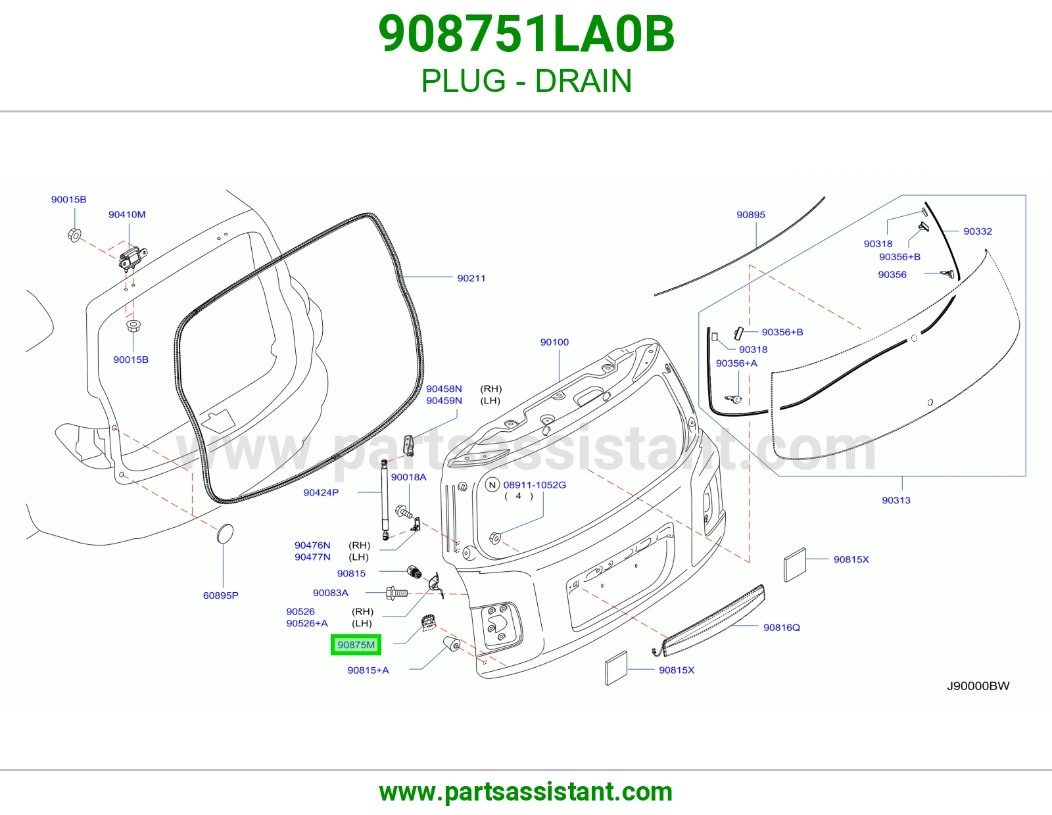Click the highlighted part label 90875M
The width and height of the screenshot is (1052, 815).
pyautogui.click(x=356, y=645)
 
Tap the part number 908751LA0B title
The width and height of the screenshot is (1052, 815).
pyautogui.click(x=526, y=34)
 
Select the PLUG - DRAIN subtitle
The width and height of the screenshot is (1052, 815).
pyautogui.click(x=526, y=81)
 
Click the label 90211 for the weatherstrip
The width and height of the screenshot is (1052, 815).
pyautogui.click(x=471, y=278)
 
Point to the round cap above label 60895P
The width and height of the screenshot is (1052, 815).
pyautogui.click(x=225, y=533)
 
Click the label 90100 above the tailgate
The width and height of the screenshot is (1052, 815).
pyautogui.click(x=554, y=342)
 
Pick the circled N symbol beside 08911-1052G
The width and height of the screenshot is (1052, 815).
pyautogui.click(x=492, y=484)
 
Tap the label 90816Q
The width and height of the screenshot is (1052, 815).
pyautogui.click(x=781, y=627)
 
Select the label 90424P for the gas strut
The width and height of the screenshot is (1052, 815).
pyautogui.click(x=321, y=492)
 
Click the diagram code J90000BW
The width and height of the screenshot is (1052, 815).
pyautogui.click(x=978, y=686)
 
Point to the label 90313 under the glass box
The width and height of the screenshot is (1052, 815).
pyautogui.click(x=896, y=500)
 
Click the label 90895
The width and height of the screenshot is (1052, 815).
pyautogui.click(x=751, y=214)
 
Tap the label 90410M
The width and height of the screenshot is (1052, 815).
pyautogui.click(x=127, y=214)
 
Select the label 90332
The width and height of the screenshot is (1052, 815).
pyautogui.click(x=978, y=231)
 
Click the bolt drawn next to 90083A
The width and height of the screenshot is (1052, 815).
pyautogui.click(x=396, y=593)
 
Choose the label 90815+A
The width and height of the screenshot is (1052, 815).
pyautogui.click(x=368, y=670)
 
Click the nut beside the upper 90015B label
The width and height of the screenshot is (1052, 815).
pyautogui.click(x=74, y=235)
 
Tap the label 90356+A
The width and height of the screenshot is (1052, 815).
pyautogui.click(x=736, y=363)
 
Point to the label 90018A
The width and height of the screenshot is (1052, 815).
pyautogui.click(x=408, y=477)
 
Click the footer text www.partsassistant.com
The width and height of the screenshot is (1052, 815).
pyautogui.click(x=526, y=792)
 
